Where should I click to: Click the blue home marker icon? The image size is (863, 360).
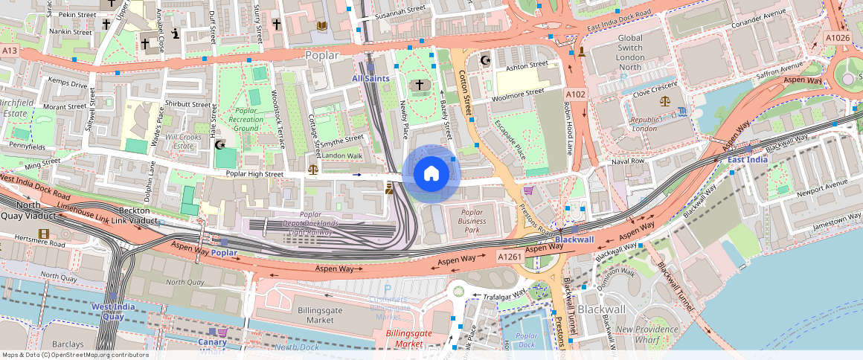[431, 173]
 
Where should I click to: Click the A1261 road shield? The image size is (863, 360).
[510, 257]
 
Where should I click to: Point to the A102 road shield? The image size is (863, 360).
[575, 94]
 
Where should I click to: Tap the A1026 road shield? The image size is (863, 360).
[838, 37]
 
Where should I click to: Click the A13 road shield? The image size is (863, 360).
[9, 51]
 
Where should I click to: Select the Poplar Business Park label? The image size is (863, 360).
[472, 221]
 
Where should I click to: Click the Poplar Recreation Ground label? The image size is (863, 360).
[246, 119]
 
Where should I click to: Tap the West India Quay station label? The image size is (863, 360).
[107, 311]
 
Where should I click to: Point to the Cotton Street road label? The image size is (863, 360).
[465, 91]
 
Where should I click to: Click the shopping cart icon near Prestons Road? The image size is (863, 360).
[528, 190]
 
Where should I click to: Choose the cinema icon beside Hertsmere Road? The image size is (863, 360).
[44, 234]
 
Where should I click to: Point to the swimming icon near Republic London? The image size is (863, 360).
[683, 112]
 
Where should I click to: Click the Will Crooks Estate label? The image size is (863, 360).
[183, 141]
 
